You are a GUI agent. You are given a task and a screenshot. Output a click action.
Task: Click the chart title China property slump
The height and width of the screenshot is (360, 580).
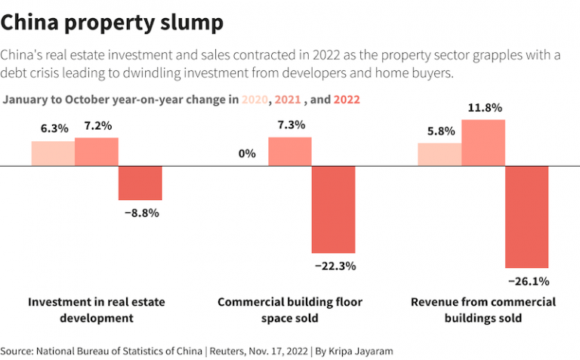click(112, 23)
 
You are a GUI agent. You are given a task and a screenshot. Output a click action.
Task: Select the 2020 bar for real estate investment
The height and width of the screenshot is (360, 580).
click(53, 153)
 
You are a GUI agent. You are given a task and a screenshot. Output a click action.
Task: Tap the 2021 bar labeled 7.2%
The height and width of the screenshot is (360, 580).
click(97, 151)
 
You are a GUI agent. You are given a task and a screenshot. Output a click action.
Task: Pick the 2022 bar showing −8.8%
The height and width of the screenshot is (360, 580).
click(140, 183)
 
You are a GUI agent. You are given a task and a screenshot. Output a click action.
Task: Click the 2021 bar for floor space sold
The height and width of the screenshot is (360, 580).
click(290, 151)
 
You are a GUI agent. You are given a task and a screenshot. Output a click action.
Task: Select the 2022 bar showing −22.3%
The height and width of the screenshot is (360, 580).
click(334, 209)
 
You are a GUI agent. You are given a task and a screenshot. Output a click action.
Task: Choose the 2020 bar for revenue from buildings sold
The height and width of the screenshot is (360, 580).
click(440, 154)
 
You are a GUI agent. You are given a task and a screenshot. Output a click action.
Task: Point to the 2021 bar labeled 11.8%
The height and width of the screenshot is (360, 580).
click(483, 143)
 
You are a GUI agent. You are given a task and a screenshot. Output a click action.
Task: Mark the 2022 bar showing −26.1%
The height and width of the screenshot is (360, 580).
click(527, 217)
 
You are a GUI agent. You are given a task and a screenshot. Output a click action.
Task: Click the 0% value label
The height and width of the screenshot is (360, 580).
click(247, 154)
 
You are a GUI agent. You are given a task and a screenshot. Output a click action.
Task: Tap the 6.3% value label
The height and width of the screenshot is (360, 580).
click(54, 128)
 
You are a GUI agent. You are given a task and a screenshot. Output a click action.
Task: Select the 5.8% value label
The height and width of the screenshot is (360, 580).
click(441, 130)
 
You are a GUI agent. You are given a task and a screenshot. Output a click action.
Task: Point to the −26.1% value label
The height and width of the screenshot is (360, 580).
click(527, 282)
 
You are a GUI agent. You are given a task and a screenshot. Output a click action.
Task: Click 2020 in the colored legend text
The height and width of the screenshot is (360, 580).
click(255, 100)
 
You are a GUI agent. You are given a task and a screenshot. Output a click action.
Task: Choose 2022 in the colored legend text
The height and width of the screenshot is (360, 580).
click(346, 100)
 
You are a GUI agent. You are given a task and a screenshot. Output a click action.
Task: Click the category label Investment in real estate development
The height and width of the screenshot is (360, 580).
click(97, 309)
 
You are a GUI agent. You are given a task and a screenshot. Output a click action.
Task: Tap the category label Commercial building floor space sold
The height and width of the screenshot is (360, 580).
click(290, 309)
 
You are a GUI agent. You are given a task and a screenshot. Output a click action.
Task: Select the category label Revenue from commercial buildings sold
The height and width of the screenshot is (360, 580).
click(483, 309)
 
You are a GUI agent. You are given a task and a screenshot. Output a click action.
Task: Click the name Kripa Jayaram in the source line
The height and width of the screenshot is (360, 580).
click(362, 351)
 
